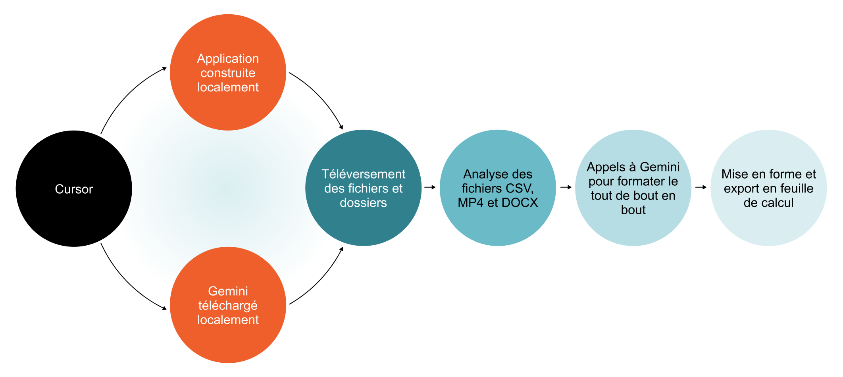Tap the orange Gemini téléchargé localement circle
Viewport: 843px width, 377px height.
(x=228, y=341)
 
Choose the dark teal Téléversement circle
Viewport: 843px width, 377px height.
(x=363, y=226)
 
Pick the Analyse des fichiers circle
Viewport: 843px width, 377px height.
(x=498, y=226)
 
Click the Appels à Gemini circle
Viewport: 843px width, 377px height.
(x=633, y=230)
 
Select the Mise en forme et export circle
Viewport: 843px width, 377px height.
(x=768, y=226)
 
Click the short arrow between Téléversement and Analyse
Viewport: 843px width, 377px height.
(x=430, y=187)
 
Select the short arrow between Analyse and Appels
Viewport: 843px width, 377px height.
(x=566, y=187)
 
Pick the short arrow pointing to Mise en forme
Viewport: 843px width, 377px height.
(x=701, y=187)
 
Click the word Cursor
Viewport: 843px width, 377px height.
(x=74, y=189)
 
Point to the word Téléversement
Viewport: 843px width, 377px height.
(x=363, y=174)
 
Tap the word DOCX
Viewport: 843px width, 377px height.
(x=520, y=203)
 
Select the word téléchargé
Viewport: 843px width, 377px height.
(x=228, y=306)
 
